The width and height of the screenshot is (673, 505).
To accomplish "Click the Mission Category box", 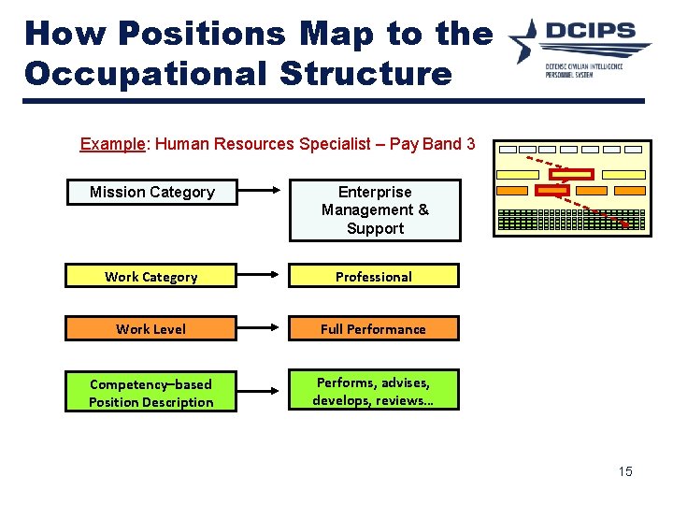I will [x=151, y=193].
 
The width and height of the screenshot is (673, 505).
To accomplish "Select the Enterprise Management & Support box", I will [x=375, y=210].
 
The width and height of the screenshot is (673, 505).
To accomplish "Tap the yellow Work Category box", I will [x=150, y=276].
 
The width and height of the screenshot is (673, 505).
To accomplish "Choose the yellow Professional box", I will [x=373, y=276].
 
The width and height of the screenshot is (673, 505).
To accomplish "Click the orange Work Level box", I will [x=150, y=328].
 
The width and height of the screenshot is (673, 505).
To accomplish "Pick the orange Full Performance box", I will [x=373, y=328].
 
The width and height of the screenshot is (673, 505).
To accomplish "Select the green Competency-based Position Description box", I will [x=150, y=393].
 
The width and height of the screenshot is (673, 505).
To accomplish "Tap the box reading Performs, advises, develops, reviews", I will [x=372, y=391].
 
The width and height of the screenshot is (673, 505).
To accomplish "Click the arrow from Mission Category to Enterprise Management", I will [x=263, y=193].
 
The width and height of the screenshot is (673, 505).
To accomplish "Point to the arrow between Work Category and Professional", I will [x=263, y=276].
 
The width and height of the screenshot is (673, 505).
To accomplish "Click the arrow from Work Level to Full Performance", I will [x=263, y=328].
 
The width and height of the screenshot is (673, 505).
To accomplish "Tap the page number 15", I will [x=624, y=471].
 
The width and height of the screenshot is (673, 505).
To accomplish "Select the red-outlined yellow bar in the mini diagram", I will [x=571, y=174].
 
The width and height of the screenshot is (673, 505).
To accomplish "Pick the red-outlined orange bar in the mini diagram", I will [x=551, y=191].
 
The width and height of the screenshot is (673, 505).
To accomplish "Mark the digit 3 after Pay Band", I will [x=470, y=144].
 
